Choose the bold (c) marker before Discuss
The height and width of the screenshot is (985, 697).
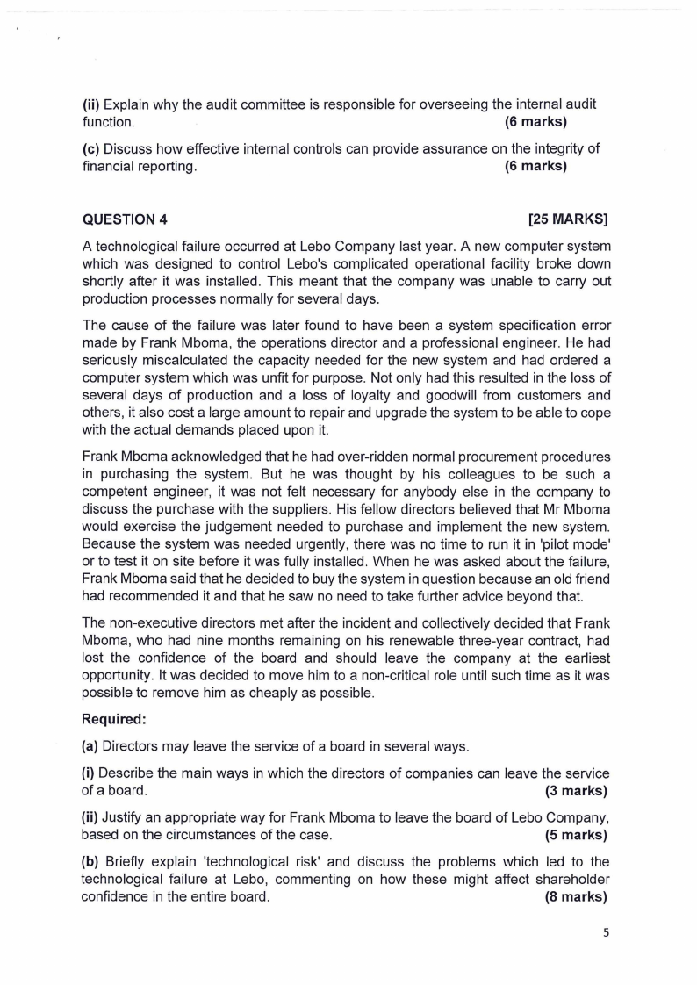click(90, 149)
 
